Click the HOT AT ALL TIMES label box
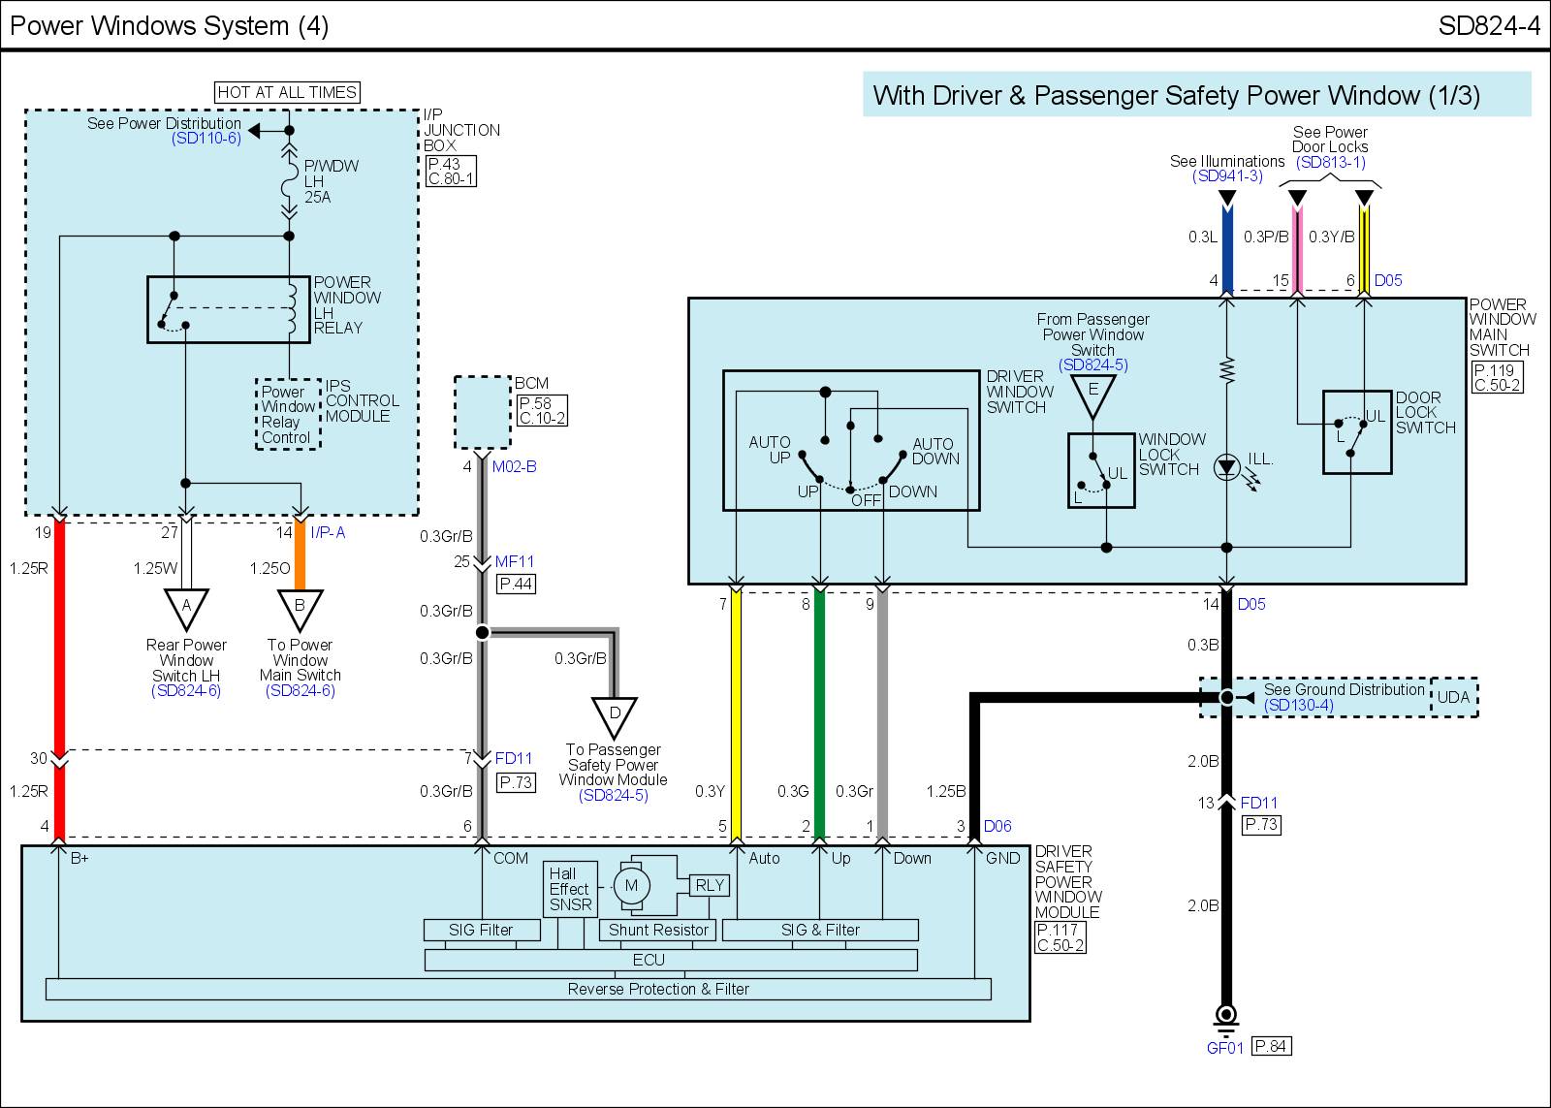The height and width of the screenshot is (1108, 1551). pos(287,92)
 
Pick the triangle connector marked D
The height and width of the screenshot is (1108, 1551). pos(615,717)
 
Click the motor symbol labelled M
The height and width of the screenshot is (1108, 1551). pos(631,885)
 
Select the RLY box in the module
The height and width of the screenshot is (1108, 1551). pos(710,885)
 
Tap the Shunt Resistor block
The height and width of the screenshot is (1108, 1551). pos(658,930)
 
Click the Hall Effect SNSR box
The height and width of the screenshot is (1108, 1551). pos(571,889)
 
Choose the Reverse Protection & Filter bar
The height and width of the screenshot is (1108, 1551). pos(519,989)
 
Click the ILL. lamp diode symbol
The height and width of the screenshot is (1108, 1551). pos(1226,467)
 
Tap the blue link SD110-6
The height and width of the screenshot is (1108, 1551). pos(206,138)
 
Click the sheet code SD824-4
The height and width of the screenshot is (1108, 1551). pos(1489,25)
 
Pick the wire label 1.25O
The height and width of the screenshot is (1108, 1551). pos(270,568)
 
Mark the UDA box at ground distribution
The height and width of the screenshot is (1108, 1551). pos(1454,697)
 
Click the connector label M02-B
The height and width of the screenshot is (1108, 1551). pos(515,466)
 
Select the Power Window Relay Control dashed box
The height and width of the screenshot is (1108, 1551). pos(288,414)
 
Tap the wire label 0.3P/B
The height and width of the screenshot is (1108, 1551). pos(1266,237)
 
